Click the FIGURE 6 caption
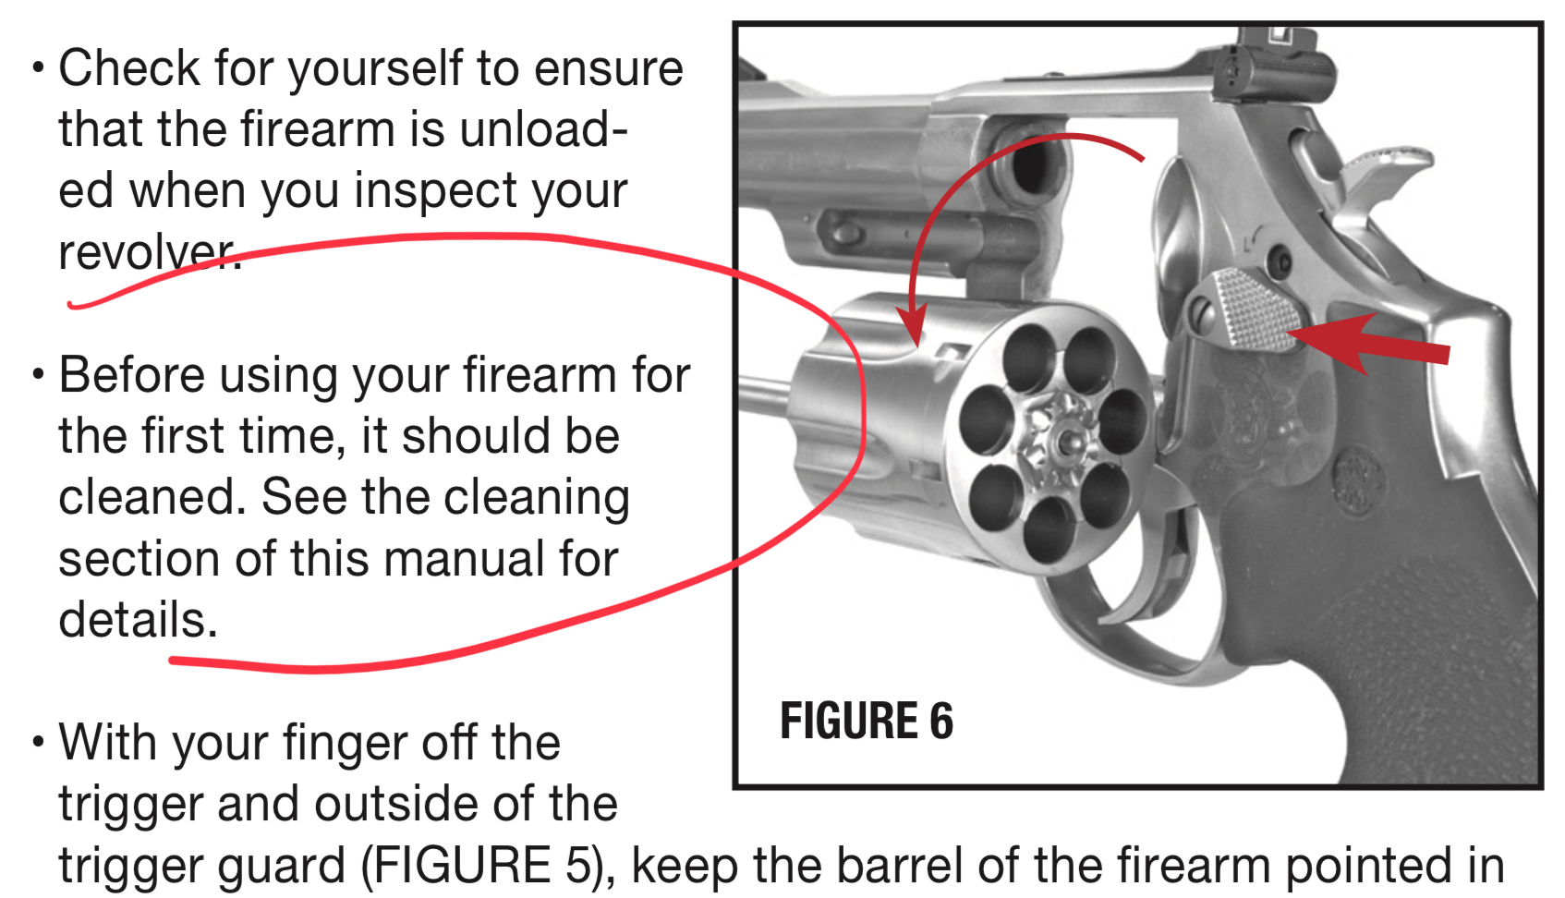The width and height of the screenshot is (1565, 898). click(867, 721)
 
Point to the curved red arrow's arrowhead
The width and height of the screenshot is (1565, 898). click(913, 325)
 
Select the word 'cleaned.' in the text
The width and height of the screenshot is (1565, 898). click(152, 497)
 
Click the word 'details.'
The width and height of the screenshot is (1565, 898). click(138, 619)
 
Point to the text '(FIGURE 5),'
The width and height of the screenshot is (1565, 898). click(488, 865)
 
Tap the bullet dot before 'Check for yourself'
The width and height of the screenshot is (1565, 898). click(39, 68)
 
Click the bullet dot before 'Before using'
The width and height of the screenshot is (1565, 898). click(39, 374)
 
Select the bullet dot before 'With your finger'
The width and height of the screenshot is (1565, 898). click(39, 742)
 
